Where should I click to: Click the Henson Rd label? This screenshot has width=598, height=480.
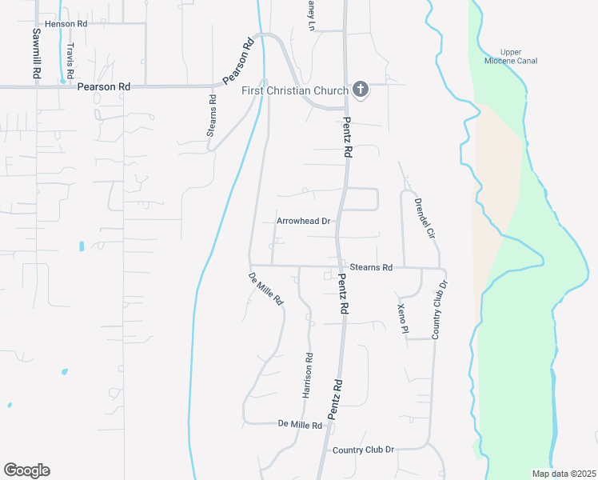pos(66,24)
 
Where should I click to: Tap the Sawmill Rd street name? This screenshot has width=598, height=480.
pos(37,53)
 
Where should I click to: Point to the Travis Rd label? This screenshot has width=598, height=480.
pos(70,60)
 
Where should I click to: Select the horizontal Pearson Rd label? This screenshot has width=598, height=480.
pos(103,86)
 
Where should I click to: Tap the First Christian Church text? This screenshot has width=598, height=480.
pos(295,90)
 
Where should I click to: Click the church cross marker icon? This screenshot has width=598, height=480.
pos(361,89)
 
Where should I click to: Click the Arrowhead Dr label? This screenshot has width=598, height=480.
pos(303,221)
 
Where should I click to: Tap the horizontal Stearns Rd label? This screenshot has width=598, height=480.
pos(371,267)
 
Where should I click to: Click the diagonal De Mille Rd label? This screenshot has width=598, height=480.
pos(266,289)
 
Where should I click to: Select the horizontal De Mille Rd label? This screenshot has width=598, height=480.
pos(299,423)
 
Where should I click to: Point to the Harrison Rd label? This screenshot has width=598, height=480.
pos(307,375)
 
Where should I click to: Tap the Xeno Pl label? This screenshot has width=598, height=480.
pos(402,318)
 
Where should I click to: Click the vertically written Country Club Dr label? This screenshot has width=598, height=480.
pos(440,310)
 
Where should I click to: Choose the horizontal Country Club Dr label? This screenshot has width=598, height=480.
pos(364,450)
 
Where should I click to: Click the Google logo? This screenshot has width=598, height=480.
pos(26,470)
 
